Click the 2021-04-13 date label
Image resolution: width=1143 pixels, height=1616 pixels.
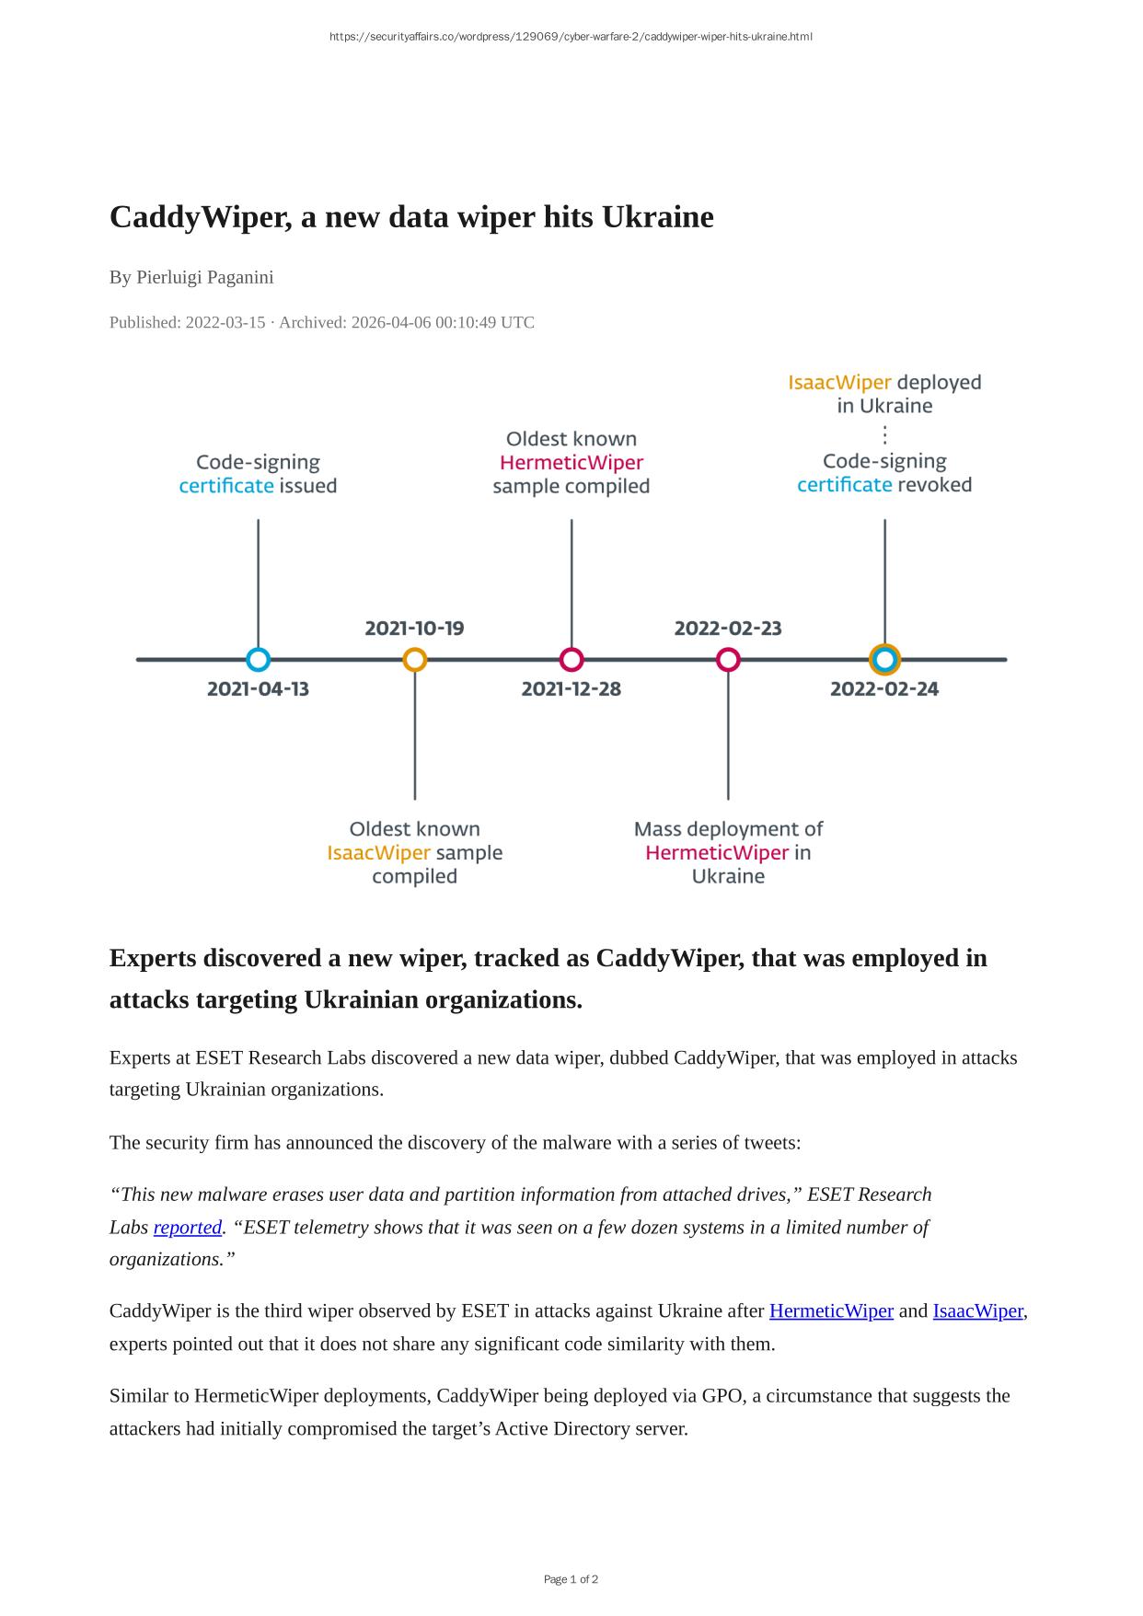click(x=258, y=688)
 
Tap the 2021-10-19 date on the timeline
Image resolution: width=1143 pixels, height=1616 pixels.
click(x=414, y=629)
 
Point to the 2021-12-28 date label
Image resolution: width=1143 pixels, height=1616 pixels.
click(x=571, y=688)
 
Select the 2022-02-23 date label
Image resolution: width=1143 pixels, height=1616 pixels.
click(x=728, y=629)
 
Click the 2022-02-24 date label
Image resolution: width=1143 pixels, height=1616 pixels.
click(x=884, y=688)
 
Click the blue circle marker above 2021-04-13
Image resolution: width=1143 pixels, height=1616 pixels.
click(x=259, y=660)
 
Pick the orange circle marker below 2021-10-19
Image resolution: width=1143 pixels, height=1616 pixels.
click(x=415, y=660)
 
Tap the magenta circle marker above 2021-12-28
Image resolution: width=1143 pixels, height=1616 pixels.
click(x=571, y=660)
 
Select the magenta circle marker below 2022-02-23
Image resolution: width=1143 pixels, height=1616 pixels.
click(x=728, y=660)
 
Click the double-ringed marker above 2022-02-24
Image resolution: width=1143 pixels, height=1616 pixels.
click(x=884, y=660)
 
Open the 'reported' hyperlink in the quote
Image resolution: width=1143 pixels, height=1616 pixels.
click(x=188, y=1228)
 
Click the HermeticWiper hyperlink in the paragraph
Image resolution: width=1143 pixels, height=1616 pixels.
click(x=831, y=1310)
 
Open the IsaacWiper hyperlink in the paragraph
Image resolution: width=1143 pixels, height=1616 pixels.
click(x=977, y=1310)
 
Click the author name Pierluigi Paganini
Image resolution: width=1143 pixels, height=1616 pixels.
click(x=204, y=277)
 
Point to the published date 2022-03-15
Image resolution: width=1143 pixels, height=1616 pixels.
click(x=225, y=322)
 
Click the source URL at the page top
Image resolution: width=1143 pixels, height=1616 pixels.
click(x=571, y=37)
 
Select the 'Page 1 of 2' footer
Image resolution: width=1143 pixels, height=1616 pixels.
click(x=571, y=1579)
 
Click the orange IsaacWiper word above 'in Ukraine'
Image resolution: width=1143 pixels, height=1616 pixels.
click(x=839, y=382)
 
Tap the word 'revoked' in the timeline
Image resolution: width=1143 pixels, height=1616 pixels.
click(x=934, y=485)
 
